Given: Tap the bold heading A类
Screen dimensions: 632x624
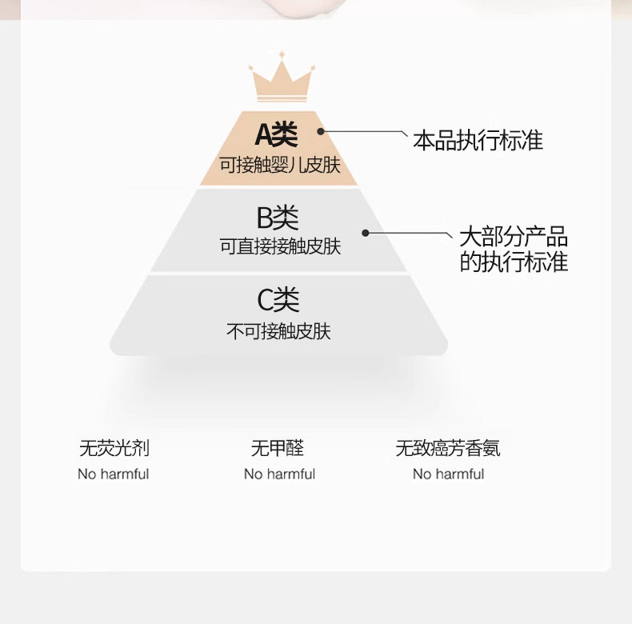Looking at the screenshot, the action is point(277,134).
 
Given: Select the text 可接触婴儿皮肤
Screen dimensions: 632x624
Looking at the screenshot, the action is point(280,166).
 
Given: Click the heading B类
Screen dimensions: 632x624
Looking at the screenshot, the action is point(278,217).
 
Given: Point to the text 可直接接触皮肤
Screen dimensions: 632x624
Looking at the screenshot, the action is point(280,246).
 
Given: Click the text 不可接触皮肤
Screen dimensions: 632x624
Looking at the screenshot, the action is point(278,331).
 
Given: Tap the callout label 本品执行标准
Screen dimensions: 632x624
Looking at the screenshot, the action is point(478,142).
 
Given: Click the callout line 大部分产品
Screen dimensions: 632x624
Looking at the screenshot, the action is point(513,237).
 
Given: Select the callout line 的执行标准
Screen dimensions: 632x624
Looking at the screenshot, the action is point(513,262).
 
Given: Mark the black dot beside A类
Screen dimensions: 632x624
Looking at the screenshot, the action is point(321,131).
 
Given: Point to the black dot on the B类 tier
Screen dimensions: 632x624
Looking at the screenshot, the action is point(365,233).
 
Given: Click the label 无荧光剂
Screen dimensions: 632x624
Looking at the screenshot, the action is point(114,448).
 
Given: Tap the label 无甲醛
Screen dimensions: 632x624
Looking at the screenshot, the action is point(278,448).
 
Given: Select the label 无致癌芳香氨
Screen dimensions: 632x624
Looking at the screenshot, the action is point(448,448).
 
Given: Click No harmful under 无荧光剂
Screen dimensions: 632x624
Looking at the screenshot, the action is point(114,474).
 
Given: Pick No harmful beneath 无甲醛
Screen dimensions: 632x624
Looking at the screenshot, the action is point(279,474).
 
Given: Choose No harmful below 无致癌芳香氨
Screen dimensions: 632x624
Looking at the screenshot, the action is point(448,474).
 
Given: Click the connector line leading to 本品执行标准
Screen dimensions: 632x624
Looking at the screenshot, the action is point(364,131).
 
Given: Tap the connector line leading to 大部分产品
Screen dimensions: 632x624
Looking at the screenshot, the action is point(408,233).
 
